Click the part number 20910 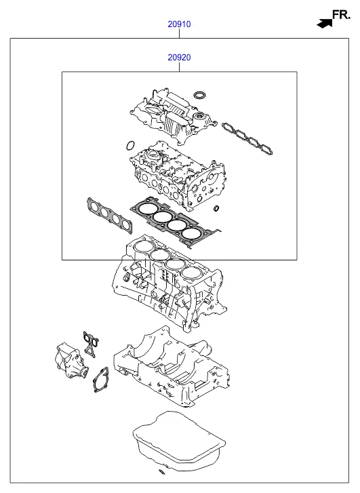pyautogui.click(x=179, y=24)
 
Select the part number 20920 pyautogui.click(x=179, y=58)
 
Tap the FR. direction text pyautogui.click(x=341, y=15)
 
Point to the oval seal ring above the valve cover pyautogui.click(x=199, y=94)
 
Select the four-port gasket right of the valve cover pyautogui.click(x=247, y=138)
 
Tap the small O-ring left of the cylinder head pyautogui.click(x=130, y=146)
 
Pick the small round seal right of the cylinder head pyautogui.click(x=216, y=208)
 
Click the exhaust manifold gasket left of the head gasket pyautogui.click(x=110, y=216)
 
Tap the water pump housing pyautogui.click(x=71, y=361)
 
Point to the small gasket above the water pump pyautogui.click(x=91, y=344)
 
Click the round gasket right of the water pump pyautogui.click(x=100, y=380)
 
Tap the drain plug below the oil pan pyautogui.click(x=161, y=471)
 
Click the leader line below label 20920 pyautogui.click(x=179, y=67)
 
